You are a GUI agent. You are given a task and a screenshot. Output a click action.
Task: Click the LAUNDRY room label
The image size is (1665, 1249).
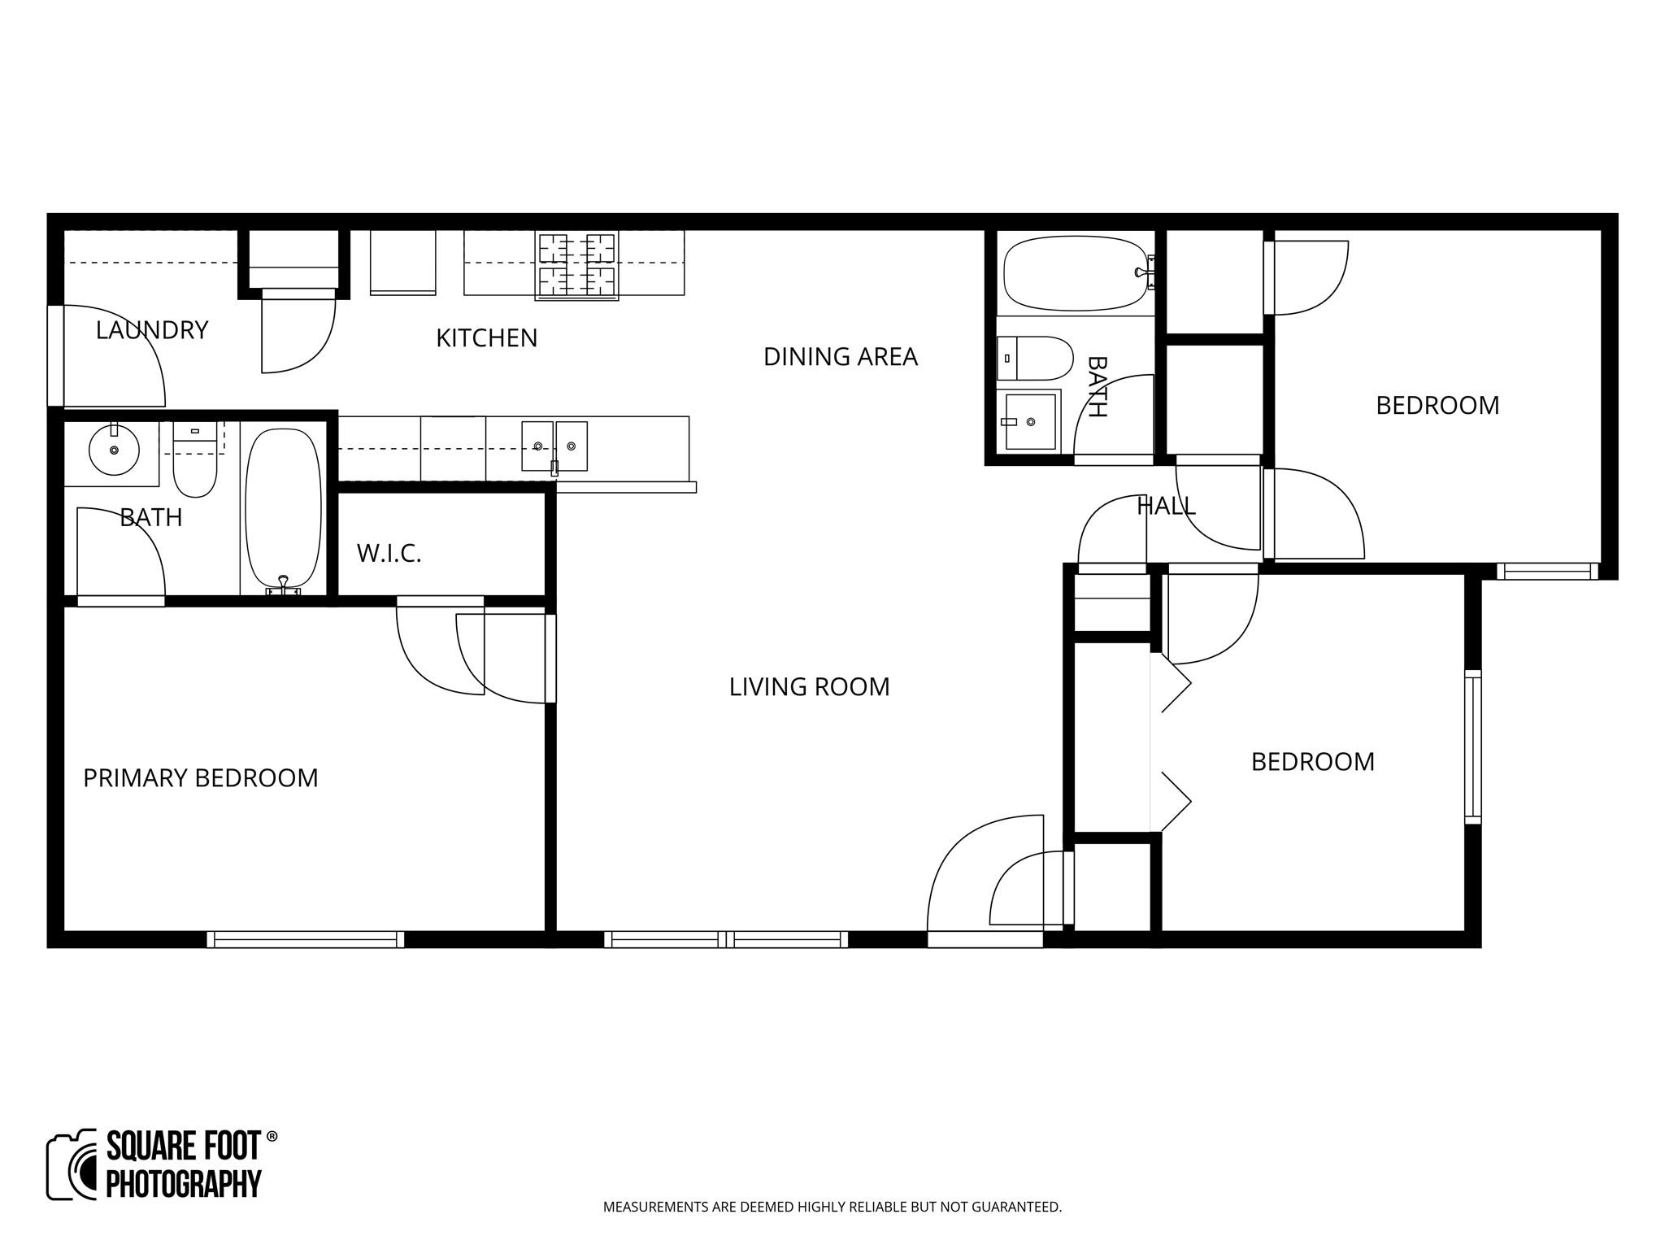point(152,330)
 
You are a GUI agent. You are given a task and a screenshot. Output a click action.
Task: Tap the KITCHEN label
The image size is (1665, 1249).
point(486,338)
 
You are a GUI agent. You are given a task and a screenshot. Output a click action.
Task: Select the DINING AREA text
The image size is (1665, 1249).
point(840,357)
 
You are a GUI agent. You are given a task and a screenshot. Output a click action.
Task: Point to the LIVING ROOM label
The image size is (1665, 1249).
point(809,687)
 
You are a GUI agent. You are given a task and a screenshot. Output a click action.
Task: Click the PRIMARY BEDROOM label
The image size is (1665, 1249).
point(200,778)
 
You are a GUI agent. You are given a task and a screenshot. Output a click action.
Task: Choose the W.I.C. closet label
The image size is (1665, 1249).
point(389,555)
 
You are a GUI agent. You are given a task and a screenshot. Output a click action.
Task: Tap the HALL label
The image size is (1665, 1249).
point(1166,507)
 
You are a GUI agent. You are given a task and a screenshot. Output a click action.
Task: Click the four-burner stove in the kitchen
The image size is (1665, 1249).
point(576,265)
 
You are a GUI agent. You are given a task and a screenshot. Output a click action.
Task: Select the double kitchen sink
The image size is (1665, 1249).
point(554,446)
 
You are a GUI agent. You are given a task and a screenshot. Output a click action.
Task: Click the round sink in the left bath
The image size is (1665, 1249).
point(113,449)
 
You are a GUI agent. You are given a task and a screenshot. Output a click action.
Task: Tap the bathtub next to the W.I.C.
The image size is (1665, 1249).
point(283,508)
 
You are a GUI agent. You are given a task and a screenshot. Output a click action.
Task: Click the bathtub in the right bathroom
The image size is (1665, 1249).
point(1077,273)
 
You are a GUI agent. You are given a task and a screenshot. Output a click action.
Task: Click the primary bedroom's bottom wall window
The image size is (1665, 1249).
point(305,939)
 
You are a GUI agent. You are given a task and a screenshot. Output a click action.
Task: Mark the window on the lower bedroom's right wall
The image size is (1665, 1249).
point(1472,746)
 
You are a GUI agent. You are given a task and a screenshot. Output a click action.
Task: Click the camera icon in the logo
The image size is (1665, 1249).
point(72,1164)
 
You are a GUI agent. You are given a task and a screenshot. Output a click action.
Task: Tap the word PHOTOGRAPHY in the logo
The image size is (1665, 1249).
point(184,1183)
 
